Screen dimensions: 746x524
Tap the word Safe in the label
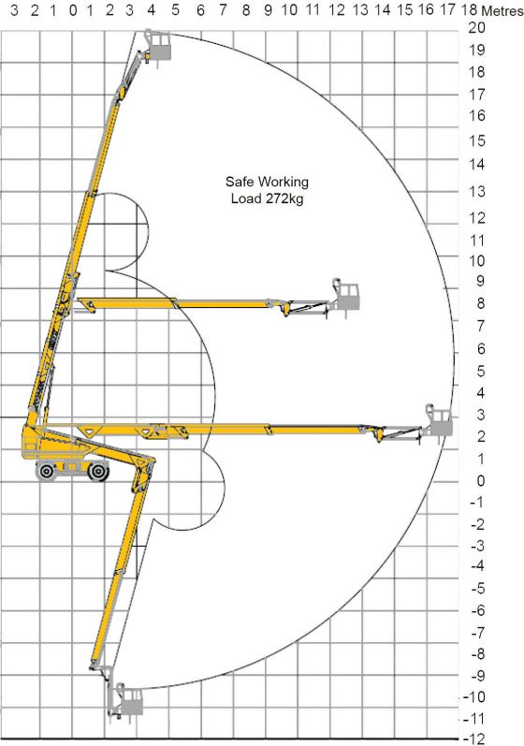(x=240, y=182)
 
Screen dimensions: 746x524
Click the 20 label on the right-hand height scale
(x=477, y=28)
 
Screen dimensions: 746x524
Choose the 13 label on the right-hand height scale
(x=477, y=192)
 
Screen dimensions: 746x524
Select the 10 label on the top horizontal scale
(x=290, y=10)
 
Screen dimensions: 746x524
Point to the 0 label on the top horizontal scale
(x=73, y=10)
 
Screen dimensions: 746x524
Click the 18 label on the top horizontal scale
(x=469, y=10)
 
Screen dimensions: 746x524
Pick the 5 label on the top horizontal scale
(x=176, y=10)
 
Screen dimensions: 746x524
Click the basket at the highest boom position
(x=159, y=45)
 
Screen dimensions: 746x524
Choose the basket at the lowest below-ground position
(x=129, y=700)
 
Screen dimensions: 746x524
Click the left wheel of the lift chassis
(x=46, y=473)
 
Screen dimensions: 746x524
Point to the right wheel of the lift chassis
(x=97, y=473)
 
